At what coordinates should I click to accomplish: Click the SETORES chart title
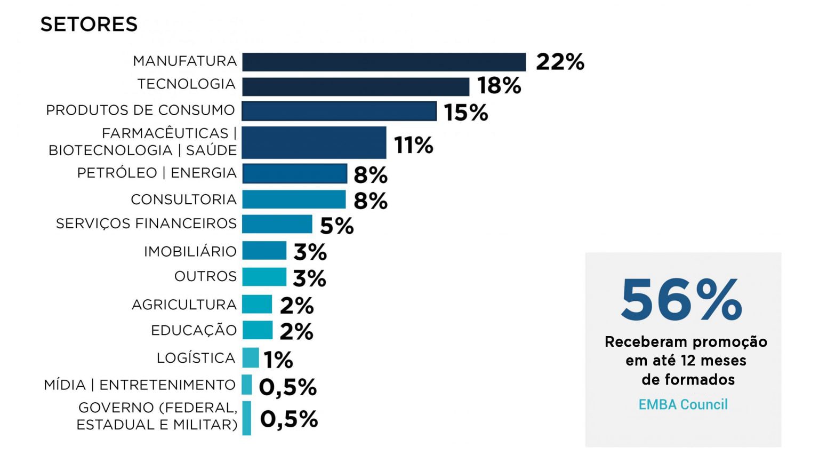(x=89, y=25)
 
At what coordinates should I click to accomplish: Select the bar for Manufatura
(x=384, y=62)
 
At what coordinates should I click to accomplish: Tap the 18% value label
(x=499, y=86)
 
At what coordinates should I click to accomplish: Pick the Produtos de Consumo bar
(x=339, y=111)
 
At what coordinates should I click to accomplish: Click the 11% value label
(x=414, y=145)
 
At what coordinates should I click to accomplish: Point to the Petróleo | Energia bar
(x=294, y=173)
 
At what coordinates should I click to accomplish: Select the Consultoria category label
(x=183, y=199)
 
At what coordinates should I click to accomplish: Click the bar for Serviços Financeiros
(x=277, y=224)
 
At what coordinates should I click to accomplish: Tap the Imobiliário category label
(x=190, y=251)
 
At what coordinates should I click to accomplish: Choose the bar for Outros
(x=264, y=277)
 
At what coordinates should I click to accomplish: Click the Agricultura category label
(x=184, y=305)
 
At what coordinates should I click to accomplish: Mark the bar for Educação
(x=257, y=330)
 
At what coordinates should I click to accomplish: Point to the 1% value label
(x=278, y=360)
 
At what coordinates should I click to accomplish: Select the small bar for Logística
(x=250, y=357)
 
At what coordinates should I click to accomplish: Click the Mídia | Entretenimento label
(x=140, y=385)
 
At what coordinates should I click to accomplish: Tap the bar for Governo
(x=246, y=418)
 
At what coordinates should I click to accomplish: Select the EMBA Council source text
(x=683, y=404)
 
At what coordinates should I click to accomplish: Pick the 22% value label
(x=560, y=62)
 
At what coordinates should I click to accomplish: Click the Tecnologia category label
(x=186, y=84)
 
